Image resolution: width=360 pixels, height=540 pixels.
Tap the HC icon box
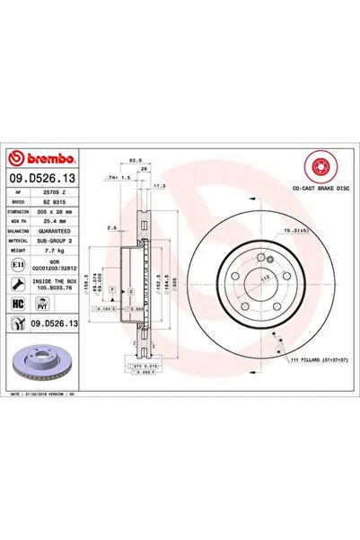18,304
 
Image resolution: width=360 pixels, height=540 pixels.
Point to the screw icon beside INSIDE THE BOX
18,283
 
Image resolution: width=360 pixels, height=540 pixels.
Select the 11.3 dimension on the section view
159,186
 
